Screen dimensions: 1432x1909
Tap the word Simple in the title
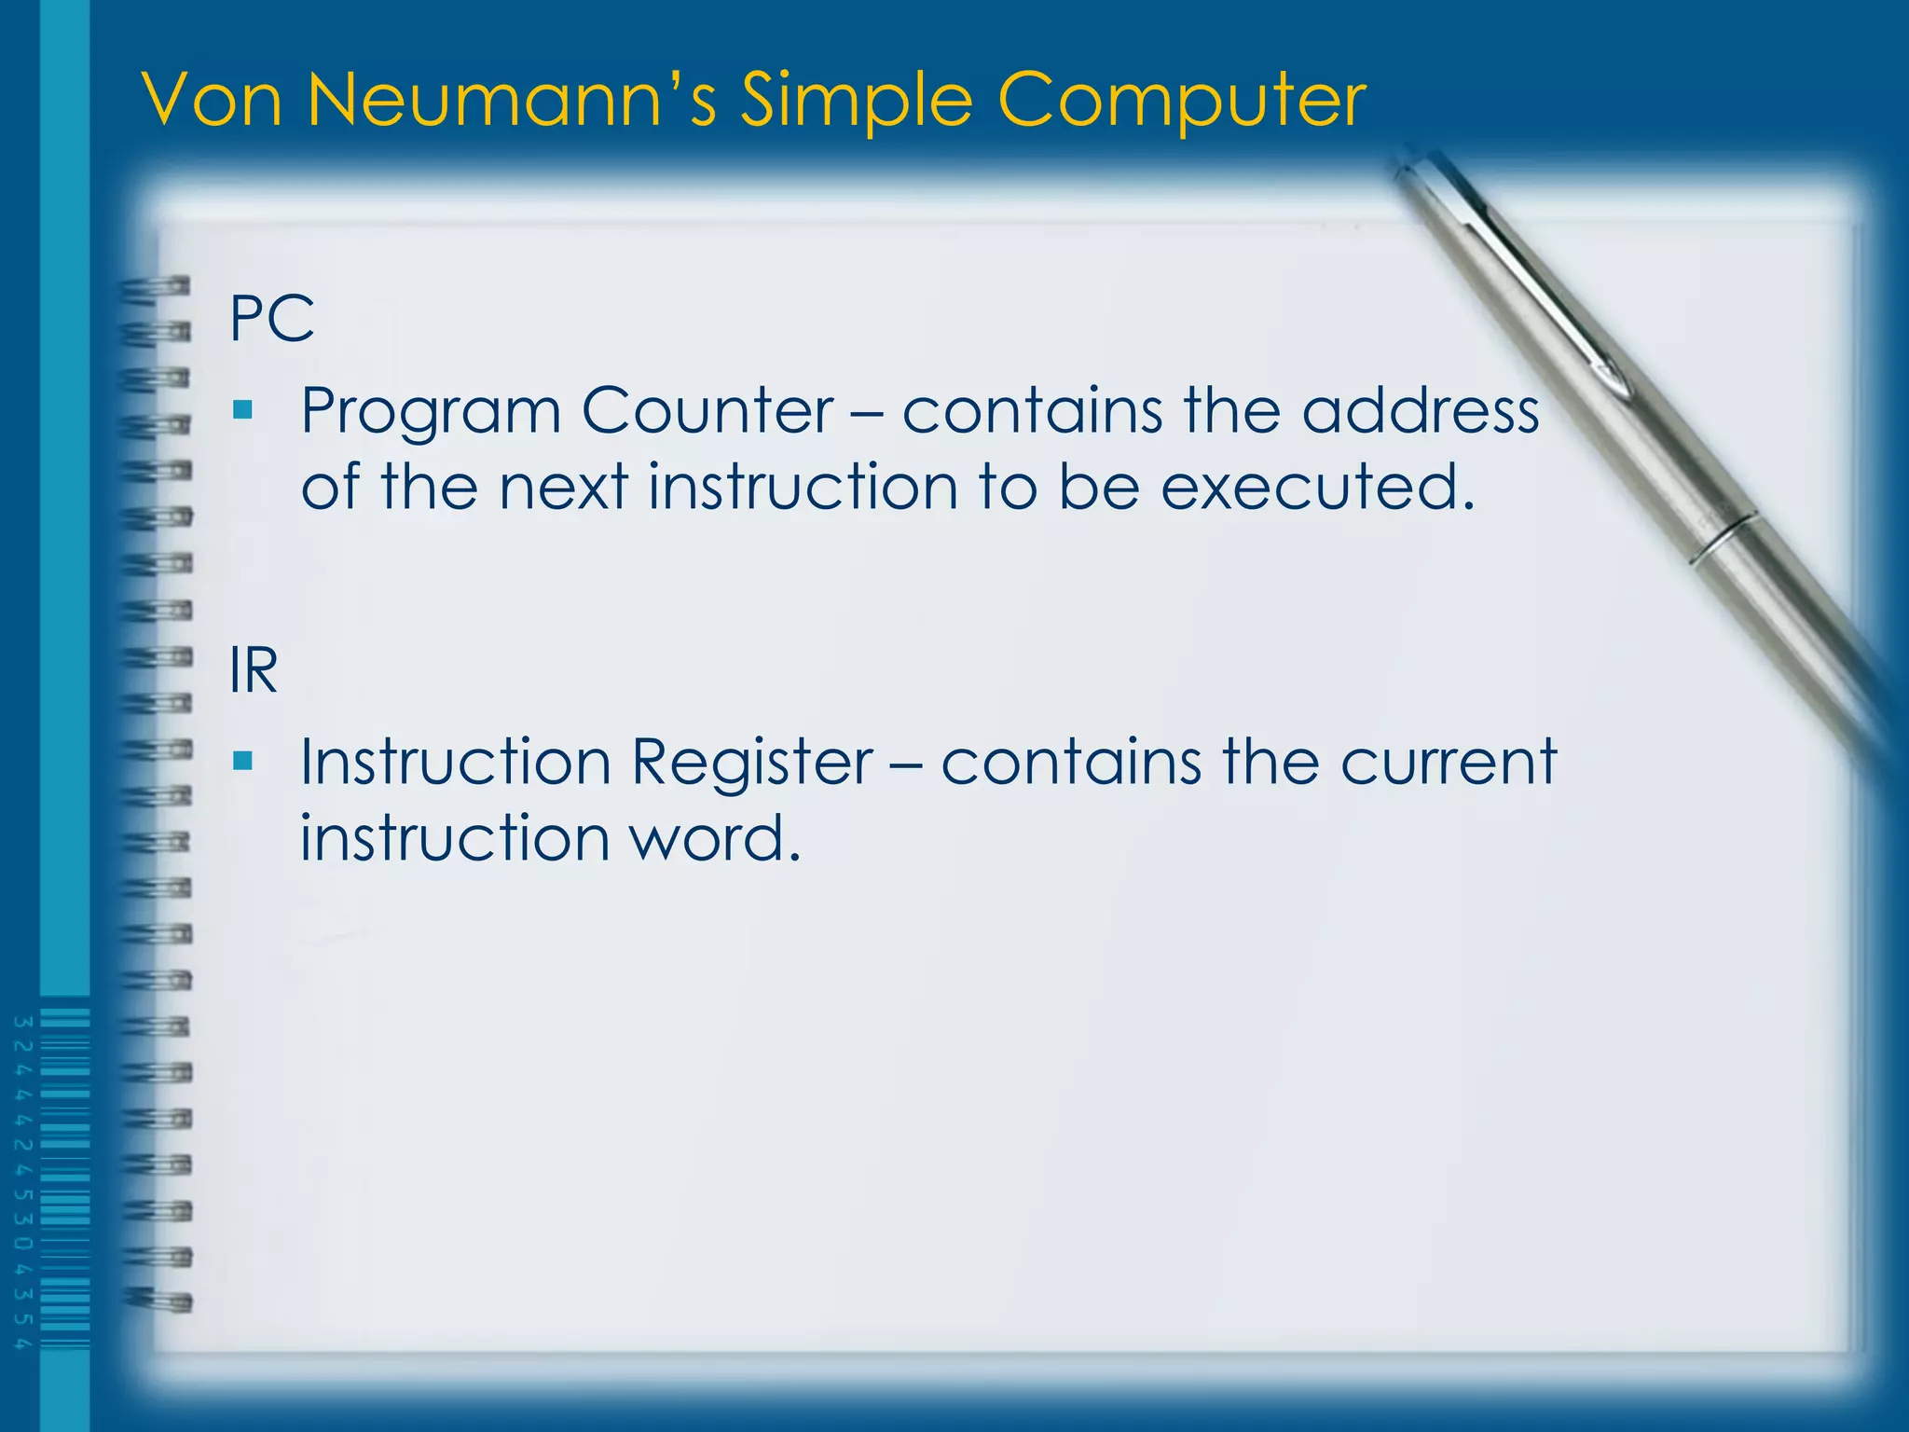[x=856, y=101]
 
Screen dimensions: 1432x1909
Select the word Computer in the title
[x=1181, y=101]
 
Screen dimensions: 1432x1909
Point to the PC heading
[x=271, y=319]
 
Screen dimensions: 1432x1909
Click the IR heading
[x=254, y=670]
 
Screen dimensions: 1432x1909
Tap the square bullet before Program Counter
[x=243, y=409]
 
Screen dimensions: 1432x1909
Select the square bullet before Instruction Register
[x=243, y=761]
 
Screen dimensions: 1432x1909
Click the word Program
[x=430, y=412]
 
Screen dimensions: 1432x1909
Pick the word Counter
[x=707, y=410]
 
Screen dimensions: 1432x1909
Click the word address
[x=1420, y=410]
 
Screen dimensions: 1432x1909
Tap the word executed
[x=1317, y=487]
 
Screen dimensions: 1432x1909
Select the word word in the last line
[x=714, y=837]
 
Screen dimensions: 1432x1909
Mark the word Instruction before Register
[x=455, y=763]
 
